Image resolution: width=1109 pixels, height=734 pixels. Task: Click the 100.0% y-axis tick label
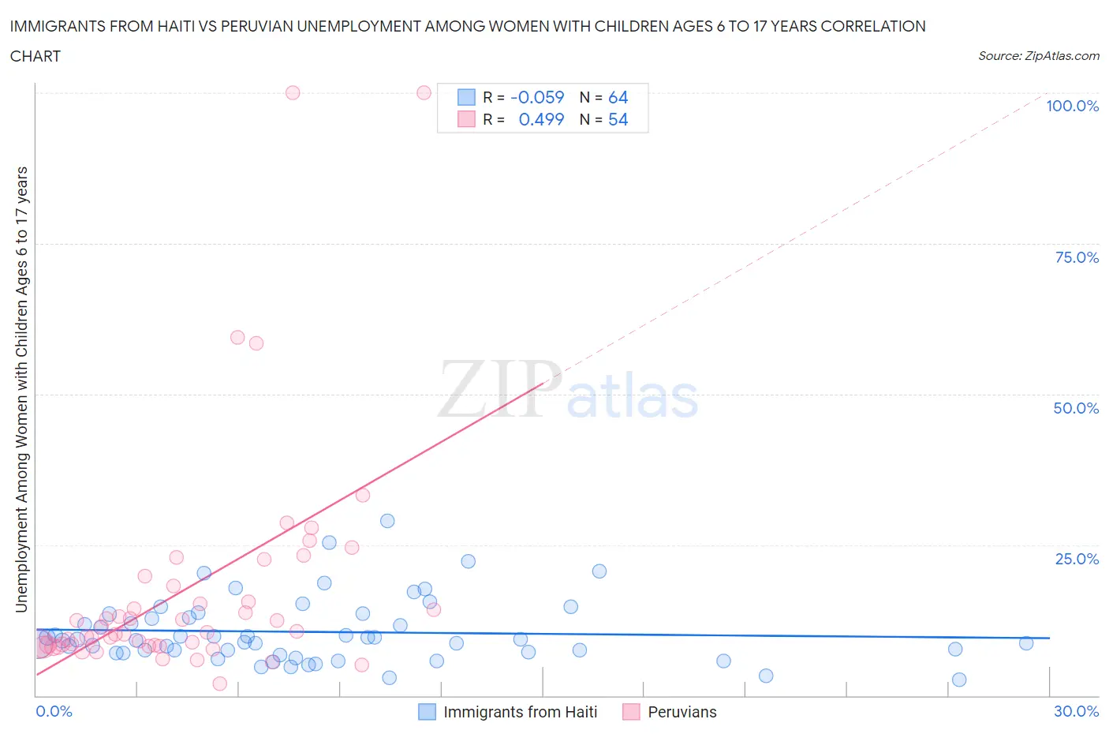pos(1072,107)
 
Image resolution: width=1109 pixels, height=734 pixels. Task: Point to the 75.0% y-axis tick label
pos(1077,258)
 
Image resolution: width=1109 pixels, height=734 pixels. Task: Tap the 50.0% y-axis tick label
pos(1076,409)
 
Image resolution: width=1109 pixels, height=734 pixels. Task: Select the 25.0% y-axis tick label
pos(1077,560)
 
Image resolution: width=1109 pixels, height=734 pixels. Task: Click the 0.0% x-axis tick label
pos(54,712)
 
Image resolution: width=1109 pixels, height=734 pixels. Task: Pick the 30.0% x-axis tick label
pos(1076,712)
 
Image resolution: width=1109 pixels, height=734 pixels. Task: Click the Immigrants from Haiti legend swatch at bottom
pos(427,712)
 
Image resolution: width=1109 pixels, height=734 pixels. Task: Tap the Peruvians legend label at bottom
pos(681,712)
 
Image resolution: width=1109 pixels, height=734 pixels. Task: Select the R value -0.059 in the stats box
pos(537,98)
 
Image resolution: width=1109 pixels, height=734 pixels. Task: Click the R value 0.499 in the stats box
pos(541,120)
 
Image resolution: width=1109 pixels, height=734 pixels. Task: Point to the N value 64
pos(618,98)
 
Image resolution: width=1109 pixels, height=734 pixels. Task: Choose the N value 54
pos(618,120)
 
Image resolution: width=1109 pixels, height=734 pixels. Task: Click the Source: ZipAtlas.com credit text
pos(1038,56)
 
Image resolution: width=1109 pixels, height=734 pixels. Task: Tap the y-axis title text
pos(22,390)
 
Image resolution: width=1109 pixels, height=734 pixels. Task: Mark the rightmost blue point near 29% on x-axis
pos(1025,643)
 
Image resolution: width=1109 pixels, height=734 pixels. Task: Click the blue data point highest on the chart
pos(387,521)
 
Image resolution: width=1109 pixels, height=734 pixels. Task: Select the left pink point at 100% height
pos(293,92)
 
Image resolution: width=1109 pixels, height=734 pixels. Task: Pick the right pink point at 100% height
pos(424,92)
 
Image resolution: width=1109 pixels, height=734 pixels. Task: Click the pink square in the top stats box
pos(466,120)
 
